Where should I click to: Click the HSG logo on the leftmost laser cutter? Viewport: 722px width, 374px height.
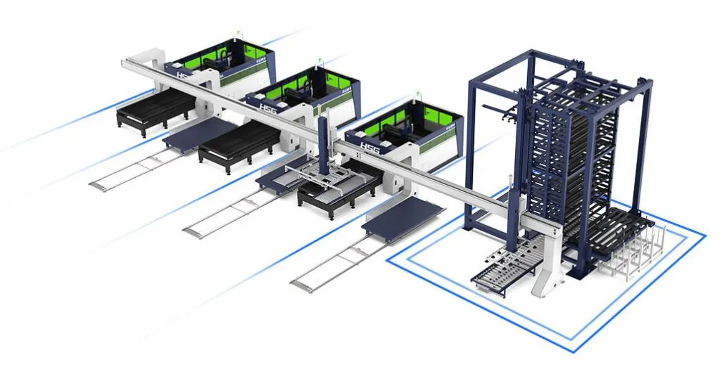[182, 75]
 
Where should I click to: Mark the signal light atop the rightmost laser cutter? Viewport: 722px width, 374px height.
[418, 92]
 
